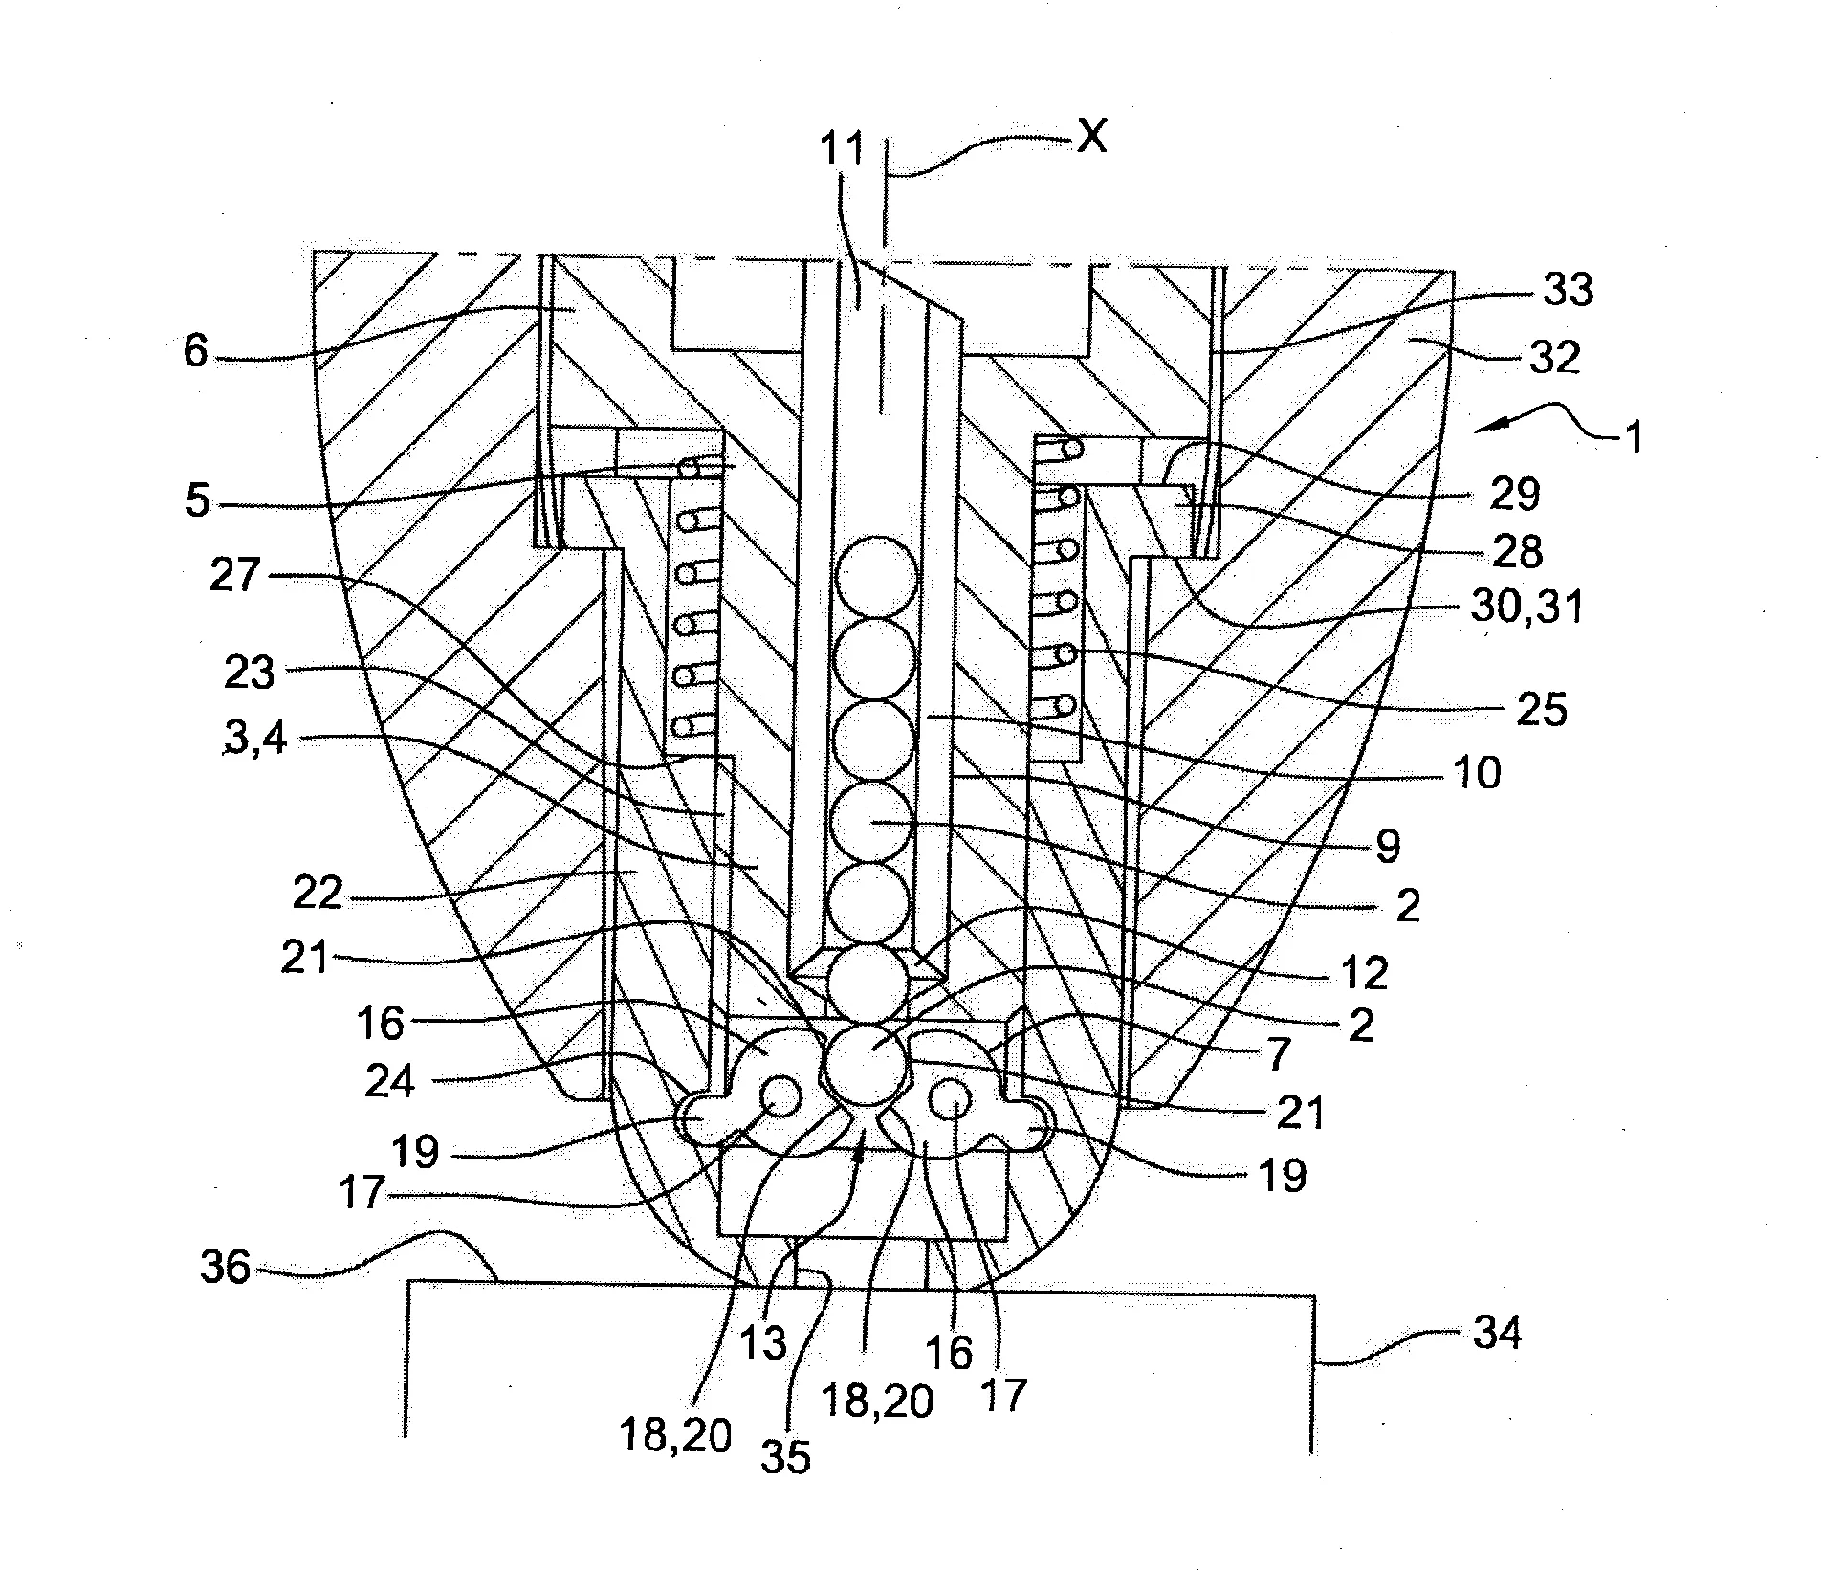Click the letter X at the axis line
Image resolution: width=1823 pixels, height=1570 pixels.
click(1090, 138)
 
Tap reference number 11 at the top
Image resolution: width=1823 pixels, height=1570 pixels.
click(842, 149)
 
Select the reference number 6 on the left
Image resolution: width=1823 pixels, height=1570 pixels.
click(195, 352)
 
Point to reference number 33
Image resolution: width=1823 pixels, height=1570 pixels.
click(1569, 289)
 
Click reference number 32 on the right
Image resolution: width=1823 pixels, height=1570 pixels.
click(1555, 357)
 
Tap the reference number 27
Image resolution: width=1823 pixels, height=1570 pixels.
click(235, 575)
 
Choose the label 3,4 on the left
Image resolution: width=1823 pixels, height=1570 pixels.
click(254, 738)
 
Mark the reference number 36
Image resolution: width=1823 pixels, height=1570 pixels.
click(226, 1268)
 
